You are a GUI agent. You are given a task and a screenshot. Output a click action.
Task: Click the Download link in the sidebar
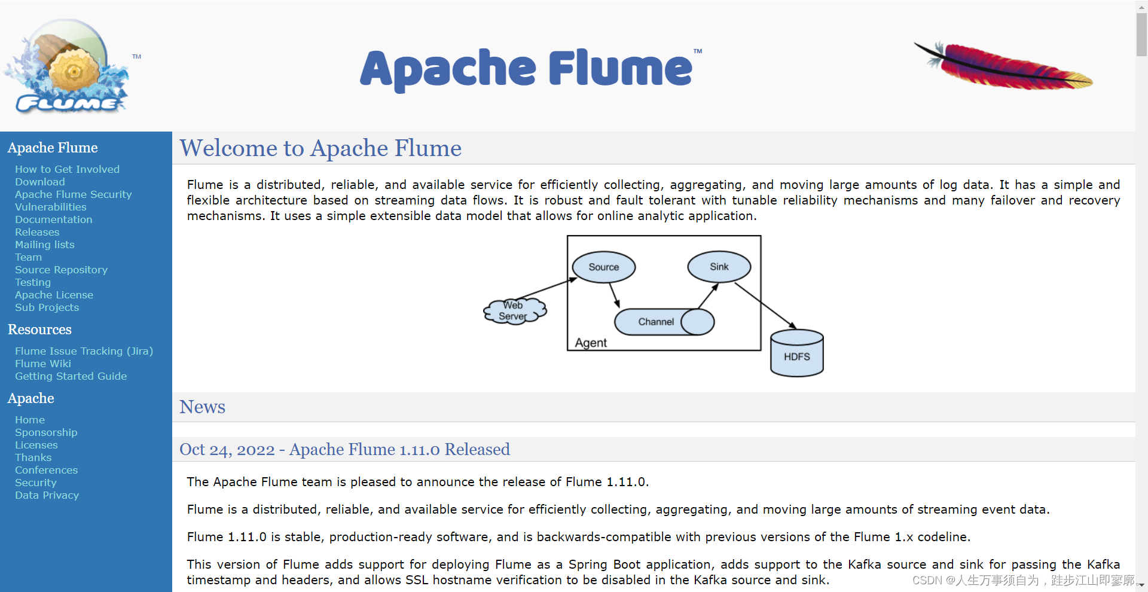(40, 182)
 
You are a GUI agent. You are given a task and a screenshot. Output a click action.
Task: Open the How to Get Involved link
(67, 169)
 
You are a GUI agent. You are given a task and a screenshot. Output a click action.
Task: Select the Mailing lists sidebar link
(45, 245)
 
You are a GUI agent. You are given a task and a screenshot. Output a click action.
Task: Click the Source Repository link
(61, 270)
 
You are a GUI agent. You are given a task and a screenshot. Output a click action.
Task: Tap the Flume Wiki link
(43, 364)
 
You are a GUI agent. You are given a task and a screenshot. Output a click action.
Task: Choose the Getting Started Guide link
(71, 376)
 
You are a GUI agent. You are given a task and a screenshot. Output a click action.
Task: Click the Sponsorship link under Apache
(46, 432)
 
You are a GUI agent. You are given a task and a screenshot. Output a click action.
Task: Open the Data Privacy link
(47, 495)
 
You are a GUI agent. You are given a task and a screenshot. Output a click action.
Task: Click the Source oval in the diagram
(603, 267)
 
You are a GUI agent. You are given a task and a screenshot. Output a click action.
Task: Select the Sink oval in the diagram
(719, 267)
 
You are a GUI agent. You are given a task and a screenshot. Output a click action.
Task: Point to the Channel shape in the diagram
(656, 322)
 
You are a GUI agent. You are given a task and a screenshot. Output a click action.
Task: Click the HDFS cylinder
(796, 356)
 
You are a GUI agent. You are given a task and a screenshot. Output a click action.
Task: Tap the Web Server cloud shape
(514, 311)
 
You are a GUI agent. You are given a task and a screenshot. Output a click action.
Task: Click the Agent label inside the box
(591, 343)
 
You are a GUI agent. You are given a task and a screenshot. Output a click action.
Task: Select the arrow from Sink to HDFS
(765, 306)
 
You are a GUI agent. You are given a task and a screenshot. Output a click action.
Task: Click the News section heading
(202, 407)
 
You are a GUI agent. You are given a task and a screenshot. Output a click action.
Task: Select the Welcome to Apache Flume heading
(320, 148)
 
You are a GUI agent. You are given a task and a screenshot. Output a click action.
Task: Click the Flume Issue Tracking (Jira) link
(84, 351)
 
